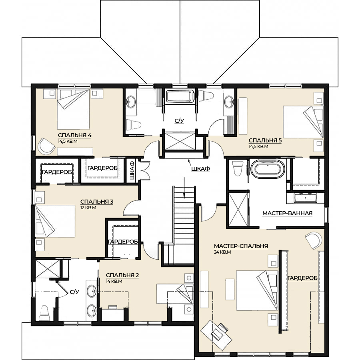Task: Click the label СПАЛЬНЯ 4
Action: [x=75, y=135]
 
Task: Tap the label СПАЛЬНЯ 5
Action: [x=265, y=140]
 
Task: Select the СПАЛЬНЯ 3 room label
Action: [x=97, y=202]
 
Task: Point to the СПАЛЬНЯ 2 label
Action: [x=122, y=275]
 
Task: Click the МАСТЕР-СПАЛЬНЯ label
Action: [x=241, y=246]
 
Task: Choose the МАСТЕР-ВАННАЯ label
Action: [x=288, y=213]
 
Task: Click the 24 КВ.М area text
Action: [x=222, y=252]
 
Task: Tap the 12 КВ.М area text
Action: [x=88, y=208]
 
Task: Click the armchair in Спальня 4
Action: [x=46, y=146]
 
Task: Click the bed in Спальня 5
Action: [x=303, y=122]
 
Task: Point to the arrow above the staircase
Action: [x=184, y=187]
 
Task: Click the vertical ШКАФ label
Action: [x=132, y=170]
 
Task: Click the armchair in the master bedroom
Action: [x=313, y=240]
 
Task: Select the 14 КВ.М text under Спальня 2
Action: [x=114, y=281]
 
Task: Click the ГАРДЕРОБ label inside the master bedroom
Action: [x=302, y=278]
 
